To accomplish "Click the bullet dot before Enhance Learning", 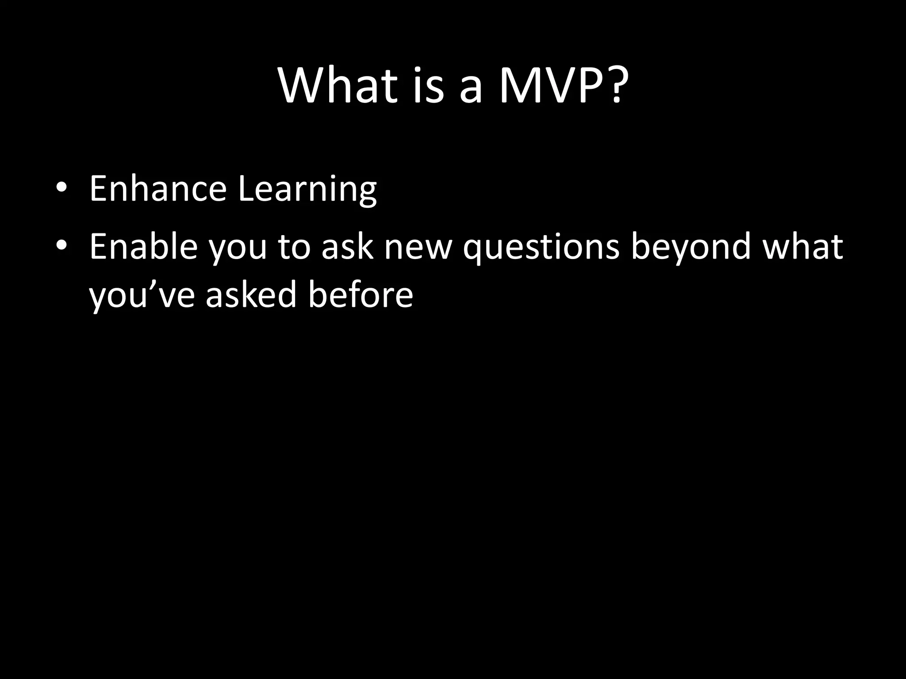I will pos(61,187).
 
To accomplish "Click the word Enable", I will pos(143,246).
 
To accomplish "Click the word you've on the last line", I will pos(142,295).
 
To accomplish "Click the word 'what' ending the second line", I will pos(802,246).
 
